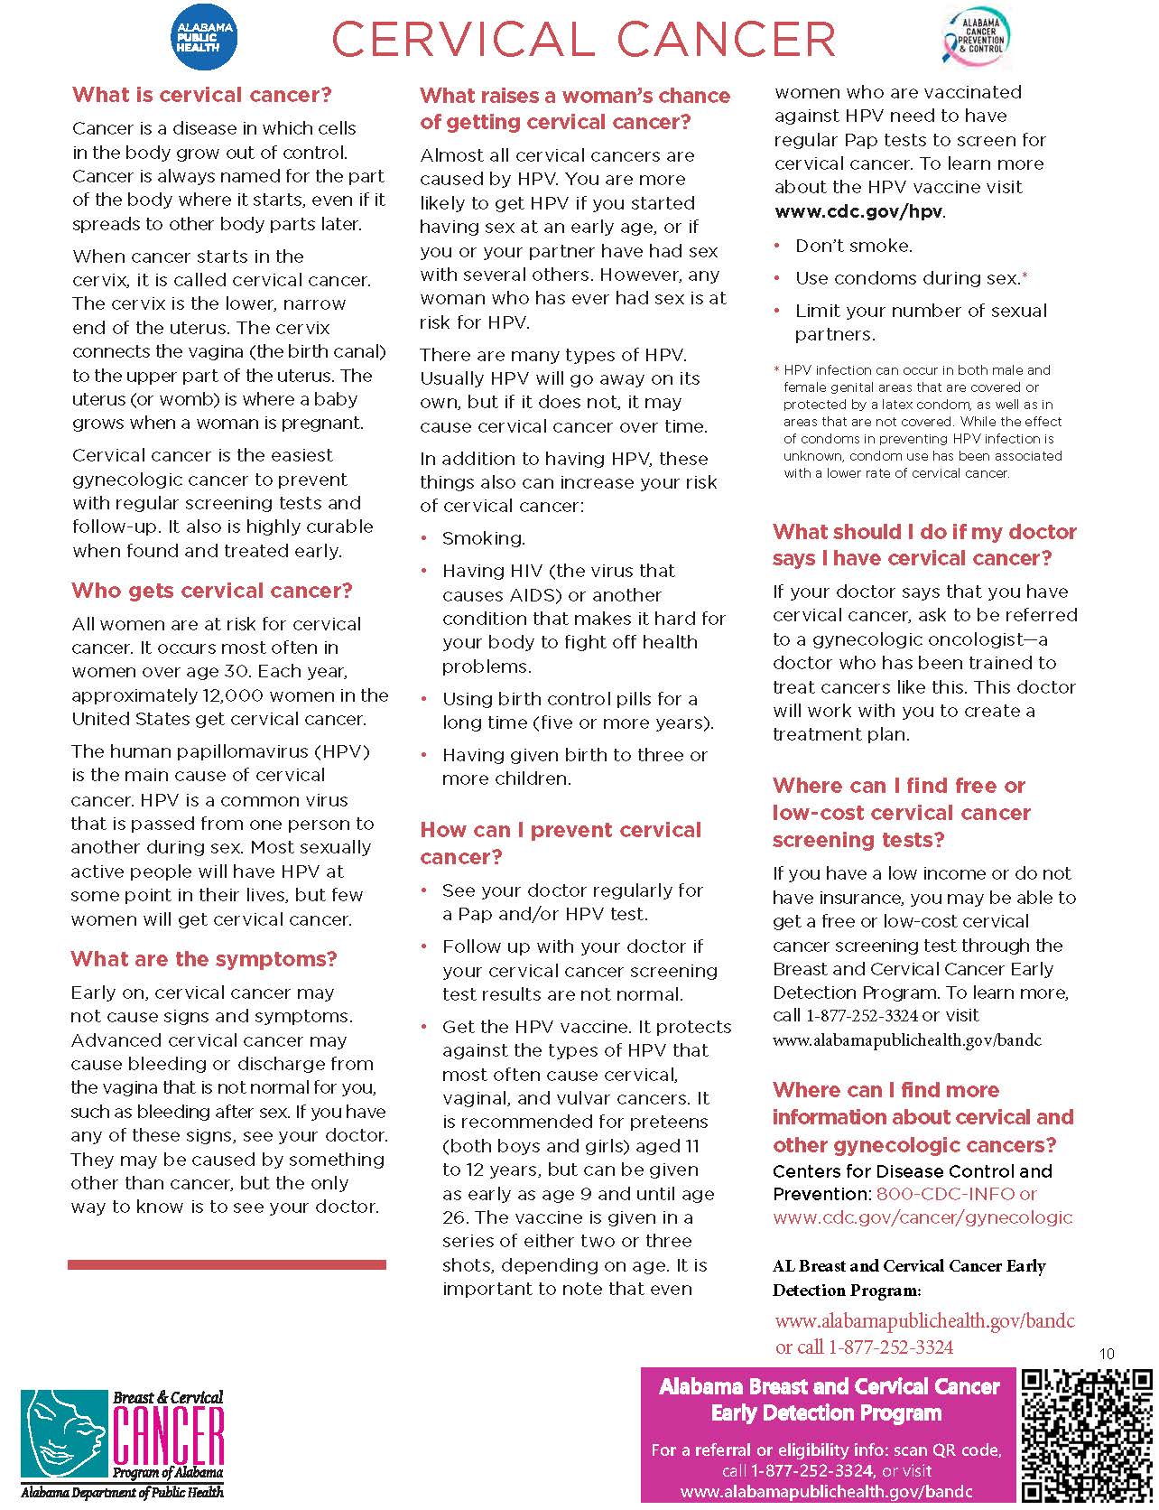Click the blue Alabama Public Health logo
205,37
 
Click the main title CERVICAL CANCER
584,39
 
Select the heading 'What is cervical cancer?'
202,95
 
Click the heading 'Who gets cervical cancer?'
212,591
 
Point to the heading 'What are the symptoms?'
204,959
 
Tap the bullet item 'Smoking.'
483,538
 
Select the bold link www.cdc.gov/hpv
858,211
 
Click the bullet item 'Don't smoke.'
853,246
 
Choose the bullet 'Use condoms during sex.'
906,278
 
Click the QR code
1087,1436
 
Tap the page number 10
1108,1354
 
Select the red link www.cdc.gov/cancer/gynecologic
923,1217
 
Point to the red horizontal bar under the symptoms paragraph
227,1264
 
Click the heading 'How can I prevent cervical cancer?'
561,844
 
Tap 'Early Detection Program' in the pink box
826,1413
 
